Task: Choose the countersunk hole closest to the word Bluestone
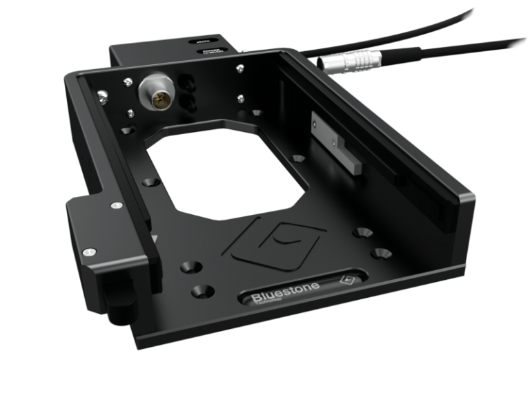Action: point(201,291)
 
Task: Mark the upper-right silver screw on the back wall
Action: point(239,68)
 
